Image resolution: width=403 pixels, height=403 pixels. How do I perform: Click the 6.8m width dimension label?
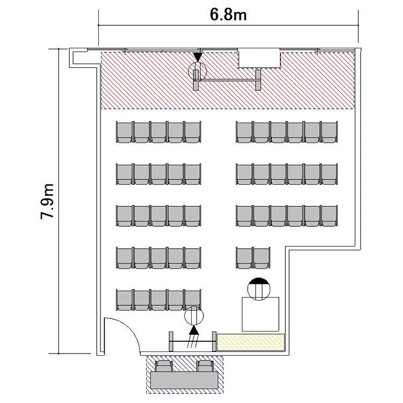click(x=228, y=15)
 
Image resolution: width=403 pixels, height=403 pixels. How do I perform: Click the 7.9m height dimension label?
click(x=47, y=201)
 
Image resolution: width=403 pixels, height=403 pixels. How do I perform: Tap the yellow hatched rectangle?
click(x=251, y=342)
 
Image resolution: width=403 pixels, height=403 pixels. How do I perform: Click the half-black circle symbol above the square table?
click(x=259, y=289)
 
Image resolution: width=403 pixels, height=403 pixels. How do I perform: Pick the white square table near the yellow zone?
click(x=261, y=314)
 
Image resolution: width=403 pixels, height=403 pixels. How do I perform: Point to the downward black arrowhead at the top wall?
click(x=197, y=57)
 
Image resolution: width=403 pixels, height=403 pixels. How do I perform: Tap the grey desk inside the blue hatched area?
click(x=184, y=379)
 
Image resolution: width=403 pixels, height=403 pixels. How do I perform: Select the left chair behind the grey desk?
click(x=164, y=366)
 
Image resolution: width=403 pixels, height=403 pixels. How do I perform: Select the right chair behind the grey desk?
click(x=205, y=366)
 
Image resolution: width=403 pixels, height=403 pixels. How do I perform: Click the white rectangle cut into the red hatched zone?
click(x=259, y=58)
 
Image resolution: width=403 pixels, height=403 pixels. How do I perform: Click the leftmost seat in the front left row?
click(x=125, y=132)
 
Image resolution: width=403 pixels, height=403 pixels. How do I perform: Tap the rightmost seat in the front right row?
click(x=329, y=132)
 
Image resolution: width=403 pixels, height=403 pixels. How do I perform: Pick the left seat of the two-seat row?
click(x=244, y=258)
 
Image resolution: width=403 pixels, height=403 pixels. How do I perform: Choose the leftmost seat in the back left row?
click(x=125, y=300)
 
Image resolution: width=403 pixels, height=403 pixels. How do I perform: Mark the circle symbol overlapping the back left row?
click(x=194, y=315)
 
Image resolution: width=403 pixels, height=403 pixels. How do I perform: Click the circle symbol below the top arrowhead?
click(x=197, y=71)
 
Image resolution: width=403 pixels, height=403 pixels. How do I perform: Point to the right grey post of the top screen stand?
click(x=258, y=80)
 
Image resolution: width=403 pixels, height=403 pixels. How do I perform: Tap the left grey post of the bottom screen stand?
click(x=171, y=341)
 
